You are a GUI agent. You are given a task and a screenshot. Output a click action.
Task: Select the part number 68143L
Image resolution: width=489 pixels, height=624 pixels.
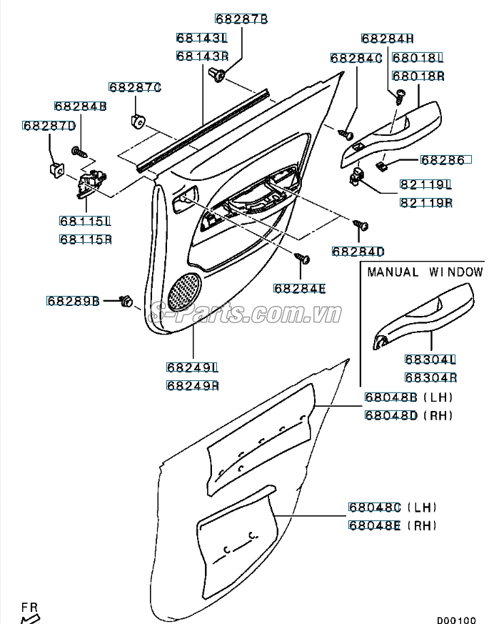[x=202, y=38]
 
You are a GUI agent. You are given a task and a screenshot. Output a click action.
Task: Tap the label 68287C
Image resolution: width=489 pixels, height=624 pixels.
[x=135, y=87]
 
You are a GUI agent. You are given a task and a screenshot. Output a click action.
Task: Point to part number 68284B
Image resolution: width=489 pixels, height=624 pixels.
[x=81, y=107]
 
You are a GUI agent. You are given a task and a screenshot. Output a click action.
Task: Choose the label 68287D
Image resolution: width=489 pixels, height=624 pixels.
[x=49, y=127]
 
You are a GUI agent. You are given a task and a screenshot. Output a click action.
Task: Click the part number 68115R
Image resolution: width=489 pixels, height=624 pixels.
[x=86, y=239]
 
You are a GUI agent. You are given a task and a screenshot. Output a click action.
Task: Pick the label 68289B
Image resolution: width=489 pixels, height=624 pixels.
[x=74, y=301]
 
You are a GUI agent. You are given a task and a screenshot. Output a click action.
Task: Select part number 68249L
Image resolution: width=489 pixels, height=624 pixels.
[x=193, y=367]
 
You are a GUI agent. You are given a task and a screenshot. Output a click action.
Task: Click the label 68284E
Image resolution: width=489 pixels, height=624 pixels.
[x=299, y=288]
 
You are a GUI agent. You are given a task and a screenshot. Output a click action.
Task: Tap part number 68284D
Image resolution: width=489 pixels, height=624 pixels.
[x=358, y=252]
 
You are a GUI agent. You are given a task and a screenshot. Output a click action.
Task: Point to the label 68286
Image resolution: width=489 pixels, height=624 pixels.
[x=442, y=160]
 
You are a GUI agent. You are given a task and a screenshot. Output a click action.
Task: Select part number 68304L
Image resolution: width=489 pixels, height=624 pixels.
[x=430, y=360]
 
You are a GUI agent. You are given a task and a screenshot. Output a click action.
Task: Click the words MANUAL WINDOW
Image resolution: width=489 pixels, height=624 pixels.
[x=425, y=272]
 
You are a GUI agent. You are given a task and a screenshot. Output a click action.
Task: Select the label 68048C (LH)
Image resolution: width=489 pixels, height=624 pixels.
[x=392, y=507]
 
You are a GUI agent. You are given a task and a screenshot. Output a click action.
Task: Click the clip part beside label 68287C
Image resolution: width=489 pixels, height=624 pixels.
[x=138, y=119]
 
